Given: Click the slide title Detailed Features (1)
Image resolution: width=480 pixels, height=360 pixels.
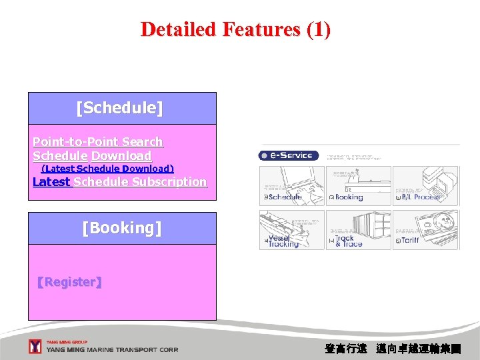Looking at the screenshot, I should pos(235,29).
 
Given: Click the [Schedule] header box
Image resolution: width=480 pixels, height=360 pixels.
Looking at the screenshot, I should pos(122,108).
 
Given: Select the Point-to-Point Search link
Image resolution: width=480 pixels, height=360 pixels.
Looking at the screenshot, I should pos(97,141).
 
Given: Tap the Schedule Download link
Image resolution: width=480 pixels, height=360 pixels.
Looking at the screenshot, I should pos(92,155).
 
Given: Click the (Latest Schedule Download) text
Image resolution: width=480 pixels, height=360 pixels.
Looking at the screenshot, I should pos(107,169).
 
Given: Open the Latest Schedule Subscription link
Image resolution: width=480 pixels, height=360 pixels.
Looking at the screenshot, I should pos(119,182).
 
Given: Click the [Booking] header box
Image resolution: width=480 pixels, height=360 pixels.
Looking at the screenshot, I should pos(122,228).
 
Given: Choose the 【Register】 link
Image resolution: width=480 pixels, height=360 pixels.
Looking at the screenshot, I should pos(69,282).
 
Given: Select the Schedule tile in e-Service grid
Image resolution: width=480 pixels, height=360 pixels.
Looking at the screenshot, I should pos(291,186).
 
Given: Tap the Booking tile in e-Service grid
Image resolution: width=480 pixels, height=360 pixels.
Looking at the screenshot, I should pos(358,186).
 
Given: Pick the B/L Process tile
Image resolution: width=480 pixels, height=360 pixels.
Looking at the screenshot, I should pos(425,186).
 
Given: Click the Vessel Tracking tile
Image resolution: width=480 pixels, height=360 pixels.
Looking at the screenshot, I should pos(291,230).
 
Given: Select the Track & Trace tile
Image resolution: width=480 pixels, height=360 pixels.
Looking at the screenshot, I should pos(358,230).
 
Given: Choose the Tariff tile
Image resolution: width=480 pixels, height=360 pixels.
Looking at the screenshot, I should pos(425,230).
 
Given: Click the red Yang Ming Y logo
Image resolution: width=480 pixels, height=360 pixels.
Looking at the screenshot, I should pos(35,346).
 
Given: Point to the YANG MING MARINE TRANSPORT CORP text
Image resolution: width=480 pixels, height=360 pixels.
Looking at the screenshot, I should pos(111,349).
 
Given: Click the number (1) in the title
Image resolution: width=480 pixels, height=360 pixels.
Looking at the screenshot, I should pos(318,29).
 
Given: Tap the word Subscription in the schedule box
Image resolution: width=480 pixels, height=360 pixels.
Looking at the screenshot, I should pos(169,182).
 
